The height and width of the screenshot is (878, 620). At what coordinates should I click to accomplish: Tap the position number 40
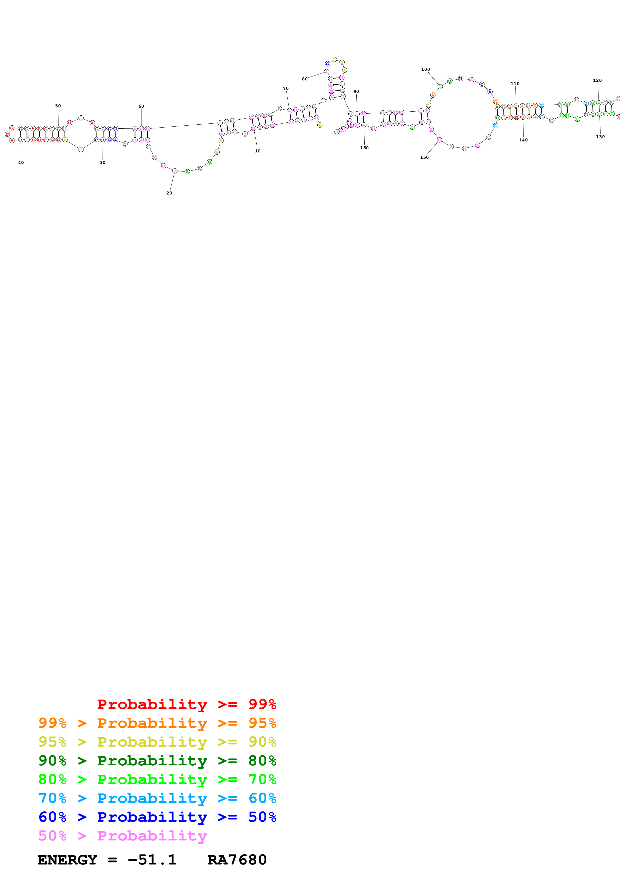point(21,162)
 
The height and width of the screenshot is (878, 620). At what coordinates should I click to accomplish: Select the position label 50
point(58,106)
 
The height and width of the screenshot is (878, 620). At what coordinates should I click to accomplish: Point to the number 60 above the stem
point(141,106)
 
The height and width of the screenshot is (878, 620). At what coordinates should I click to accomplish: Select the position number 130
point(600,136)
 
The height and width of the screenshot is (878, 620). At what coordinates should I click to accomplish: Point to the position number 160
point(364,148)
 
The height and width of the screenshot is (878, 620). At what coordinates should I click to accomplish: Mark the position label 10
point(257,151)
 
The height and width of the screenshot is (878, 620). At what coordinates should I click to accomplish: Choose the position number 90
point(356,91)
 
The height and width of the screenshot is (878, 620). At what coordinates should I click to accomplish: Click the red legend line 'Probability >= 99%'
point(186,704)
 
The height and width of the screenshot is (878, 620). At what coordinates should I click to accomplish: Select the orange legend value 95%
point(262,723)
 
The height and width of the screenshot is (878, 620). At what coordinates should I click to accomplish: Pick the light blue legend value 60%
point(262,798)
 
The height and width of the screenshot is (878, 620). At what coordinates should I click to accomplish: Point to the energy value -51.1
point(152,860)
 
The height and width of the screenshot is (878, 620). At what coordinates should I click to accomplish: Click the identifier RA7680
point(237,860)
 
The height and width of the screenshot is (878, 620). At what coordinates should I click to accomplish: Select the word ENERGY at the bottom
point(67,860)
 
